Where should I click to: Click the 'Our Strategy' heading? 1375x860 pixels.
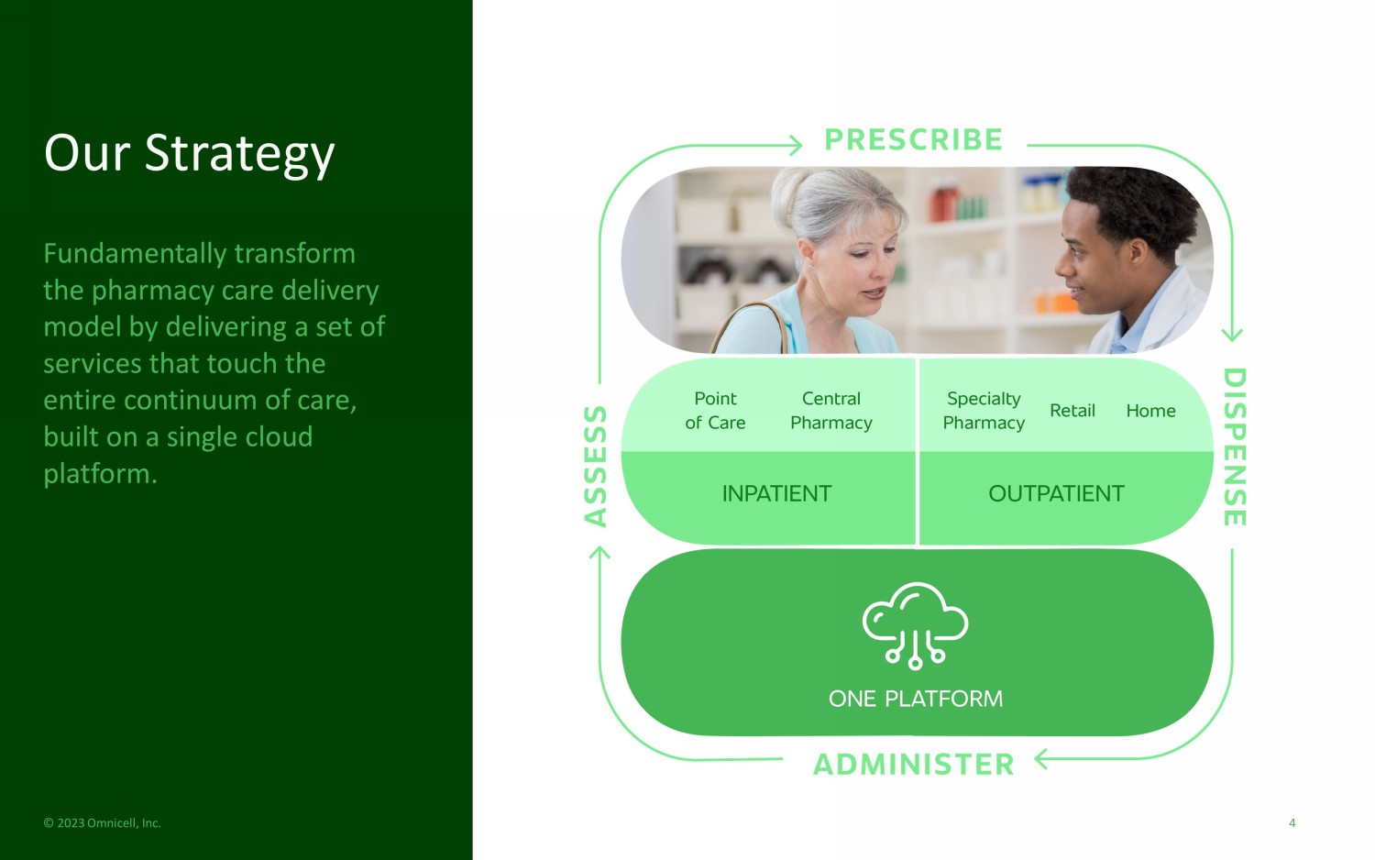click(x=189, y=153)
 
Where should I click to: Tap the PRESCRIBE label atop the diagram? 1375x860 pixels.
click(x=913, y=140)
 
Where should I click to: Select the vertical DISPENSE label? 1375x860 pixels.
click(x=1235, y=447)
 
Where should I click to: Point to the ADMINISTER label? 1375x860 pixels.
click(x=913, y=765)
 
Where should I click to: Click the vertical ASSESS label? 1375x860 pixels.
click(x=595, y=466)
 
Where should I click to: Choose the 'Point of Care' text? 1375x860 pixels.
click(x=715, y=411)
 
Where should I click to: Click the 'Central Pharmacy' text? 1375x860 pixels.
click(x=831, y=411)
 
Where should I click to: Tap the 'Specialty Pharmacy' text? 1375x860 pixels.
click(x=984, y=411)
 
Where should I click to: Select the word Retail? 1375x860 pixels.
click(x=1072, y=410)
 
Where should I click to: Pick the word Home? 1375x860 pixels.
click(x=1150, y=410)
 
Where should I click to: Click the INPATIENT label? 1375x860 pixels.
click(x=776, y=493)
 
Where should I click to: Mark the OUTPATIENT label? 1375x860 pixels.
click(x=1056, y=493)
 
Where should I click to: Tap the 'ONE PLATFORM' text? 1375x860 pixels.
click(x=915, y=699)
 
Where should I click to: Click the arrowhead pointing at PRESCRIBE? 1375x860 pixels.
click(x=797, y=146)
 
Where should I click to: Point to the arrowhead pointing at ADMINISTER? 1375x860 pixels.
click(x=1041, y=759)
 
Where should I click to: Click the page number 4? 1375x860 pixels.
click(x=1292, y=823)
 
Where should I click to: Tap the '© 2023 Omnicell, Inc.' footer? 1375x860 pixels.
click(x=102, y=823)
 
